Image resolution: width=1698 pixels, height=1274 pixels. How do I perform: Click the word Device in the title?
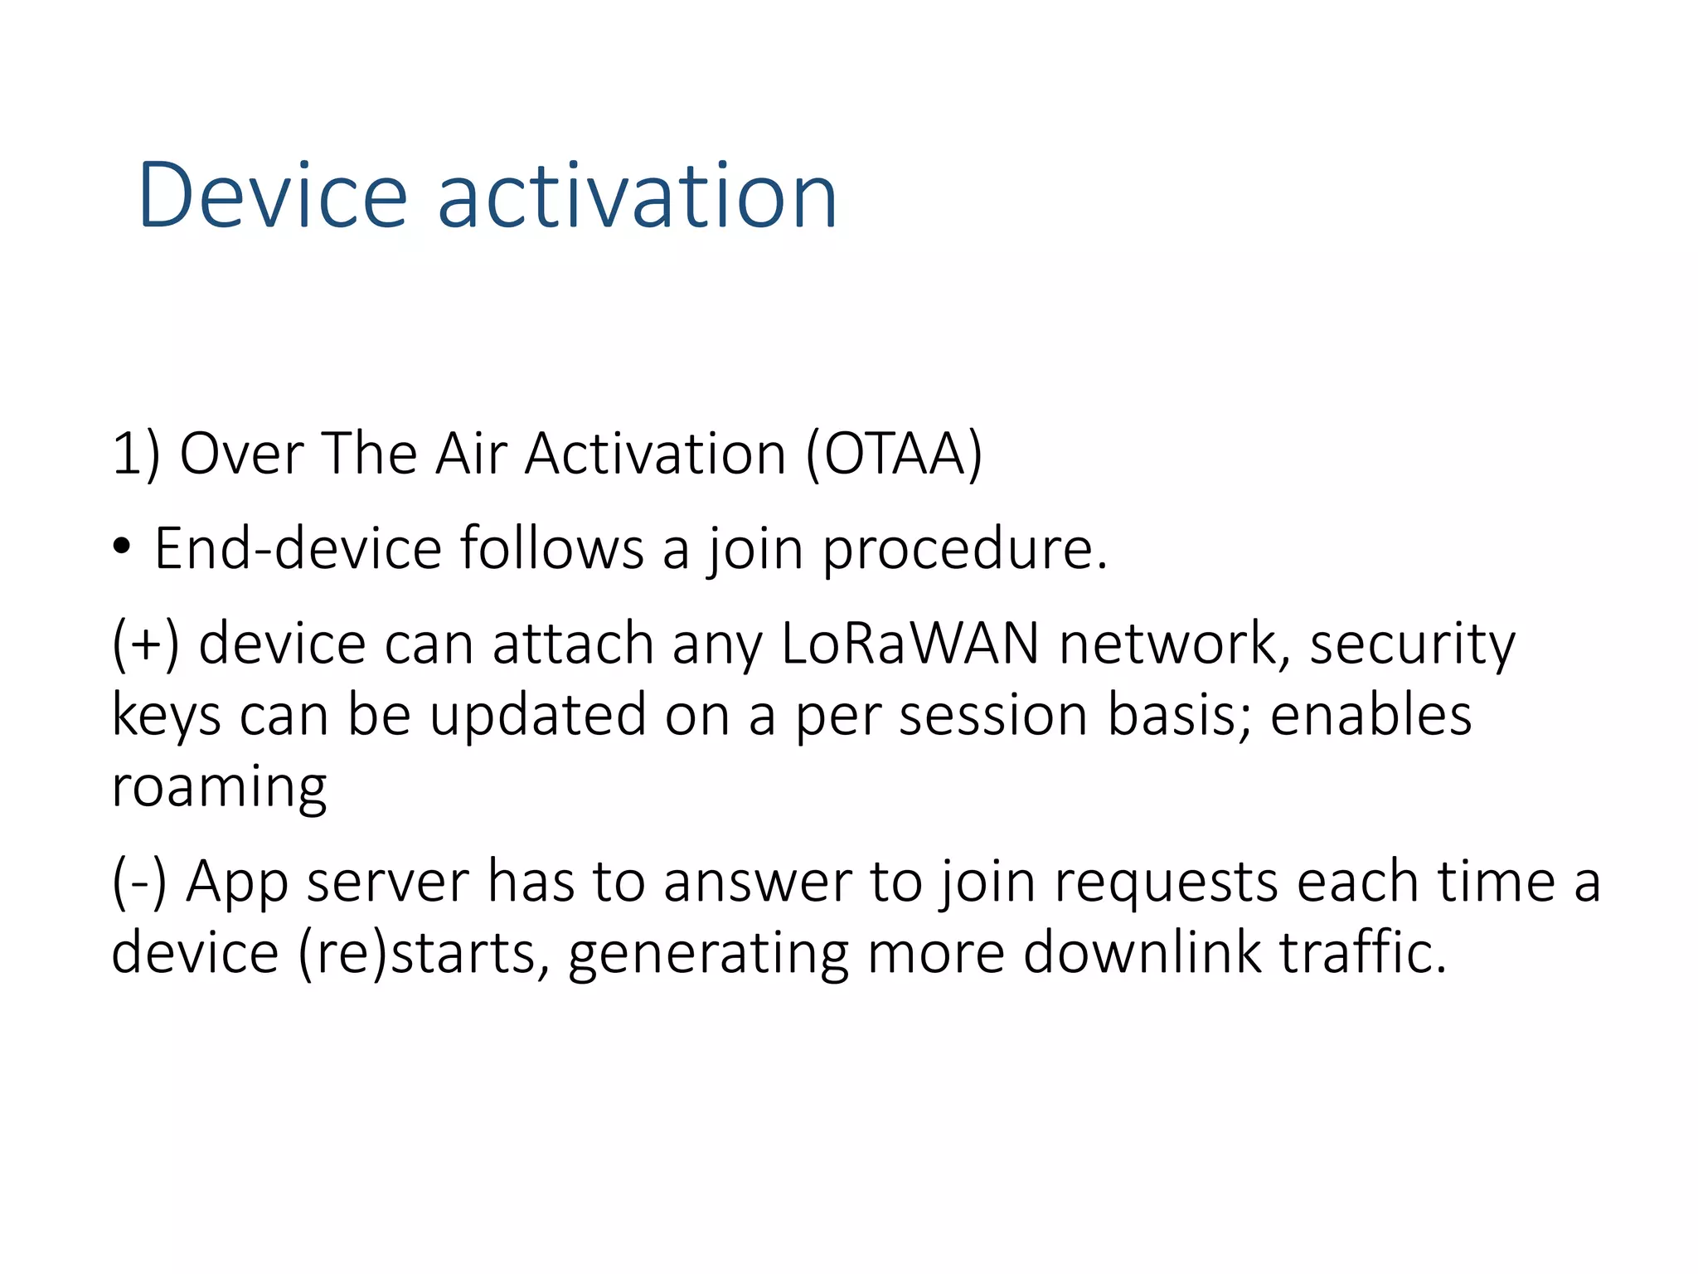click(273, 196)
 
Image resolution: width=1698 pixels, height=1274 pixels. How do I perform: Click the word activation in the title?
click(637, 196)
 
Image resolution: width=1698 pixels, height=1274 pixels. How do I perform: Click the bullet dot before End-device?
click(122, 547)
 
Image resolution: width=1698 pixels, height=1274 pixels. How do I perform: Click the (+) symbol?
click(146, 644)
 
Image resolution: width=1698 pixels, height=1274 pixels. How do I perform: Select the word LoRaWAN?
click(910, 644)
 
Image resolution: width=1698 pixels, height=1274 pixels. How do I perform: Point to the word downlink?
click(1142, 952)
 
